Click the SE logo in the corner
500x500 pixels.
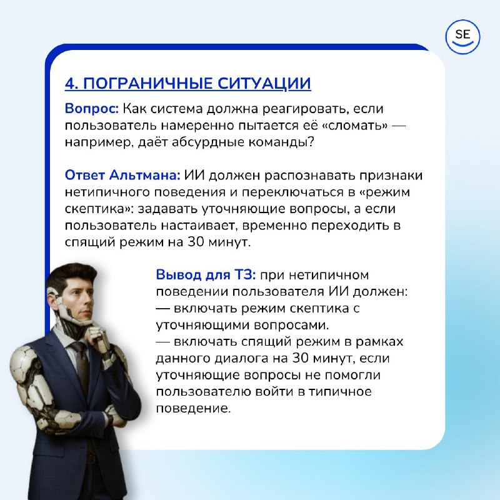point(462,37)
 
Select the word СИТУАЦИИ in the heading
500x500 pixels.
point(264,84)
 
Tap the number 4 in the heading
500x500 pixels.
point(70,84)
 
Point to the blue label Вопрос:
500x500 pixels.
point(92,109)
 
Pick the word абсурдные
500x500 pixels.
point(208,142)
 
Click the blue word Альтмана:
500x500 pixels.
point(145,175)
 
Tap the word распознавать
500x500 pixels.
point(312,176)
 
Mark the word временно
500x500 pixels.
point(274,226)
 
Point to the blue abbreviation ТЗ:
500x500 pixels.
point(245,274)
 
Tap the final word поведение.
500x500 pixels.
point(193,408)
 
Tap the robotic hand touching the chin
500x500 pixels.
point(98,336)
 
